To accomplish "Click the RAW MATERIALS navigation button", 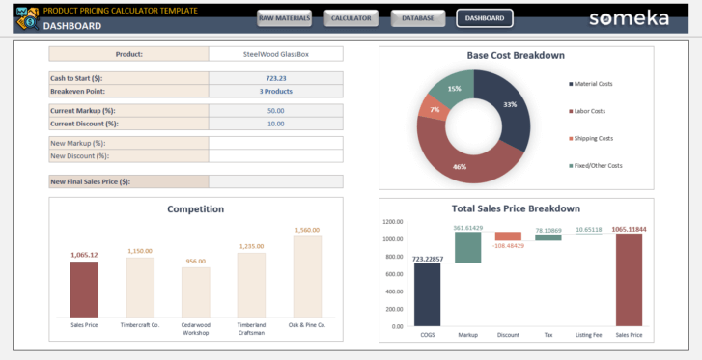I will [284, 18].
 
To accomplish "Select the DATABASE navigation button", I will [417, 18].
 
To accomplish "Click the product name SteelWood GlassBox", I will [275, 54].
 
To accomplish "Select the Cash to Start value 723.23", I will [275, 78].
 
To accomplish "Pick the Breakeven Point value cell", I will [275, 91].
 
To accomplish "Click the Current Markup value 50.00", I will [275, 111].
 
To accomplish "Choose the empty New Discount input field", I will [275, 155].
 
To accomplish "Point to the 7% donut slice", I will [433, 109].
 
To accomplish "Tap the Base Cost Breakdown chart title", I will [516, 56].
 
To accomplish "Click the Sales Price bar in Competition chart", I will [84, 289].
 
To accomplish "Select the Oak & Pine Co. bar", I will [307, 276].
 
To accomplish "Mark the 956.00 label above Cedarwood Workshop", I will [196, 262].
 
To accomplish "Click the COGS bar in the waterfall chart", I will [428, 294].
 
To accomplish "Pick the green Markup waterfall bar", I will [468, 247].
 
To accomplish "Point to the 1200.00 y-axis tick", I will [392, 222].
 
